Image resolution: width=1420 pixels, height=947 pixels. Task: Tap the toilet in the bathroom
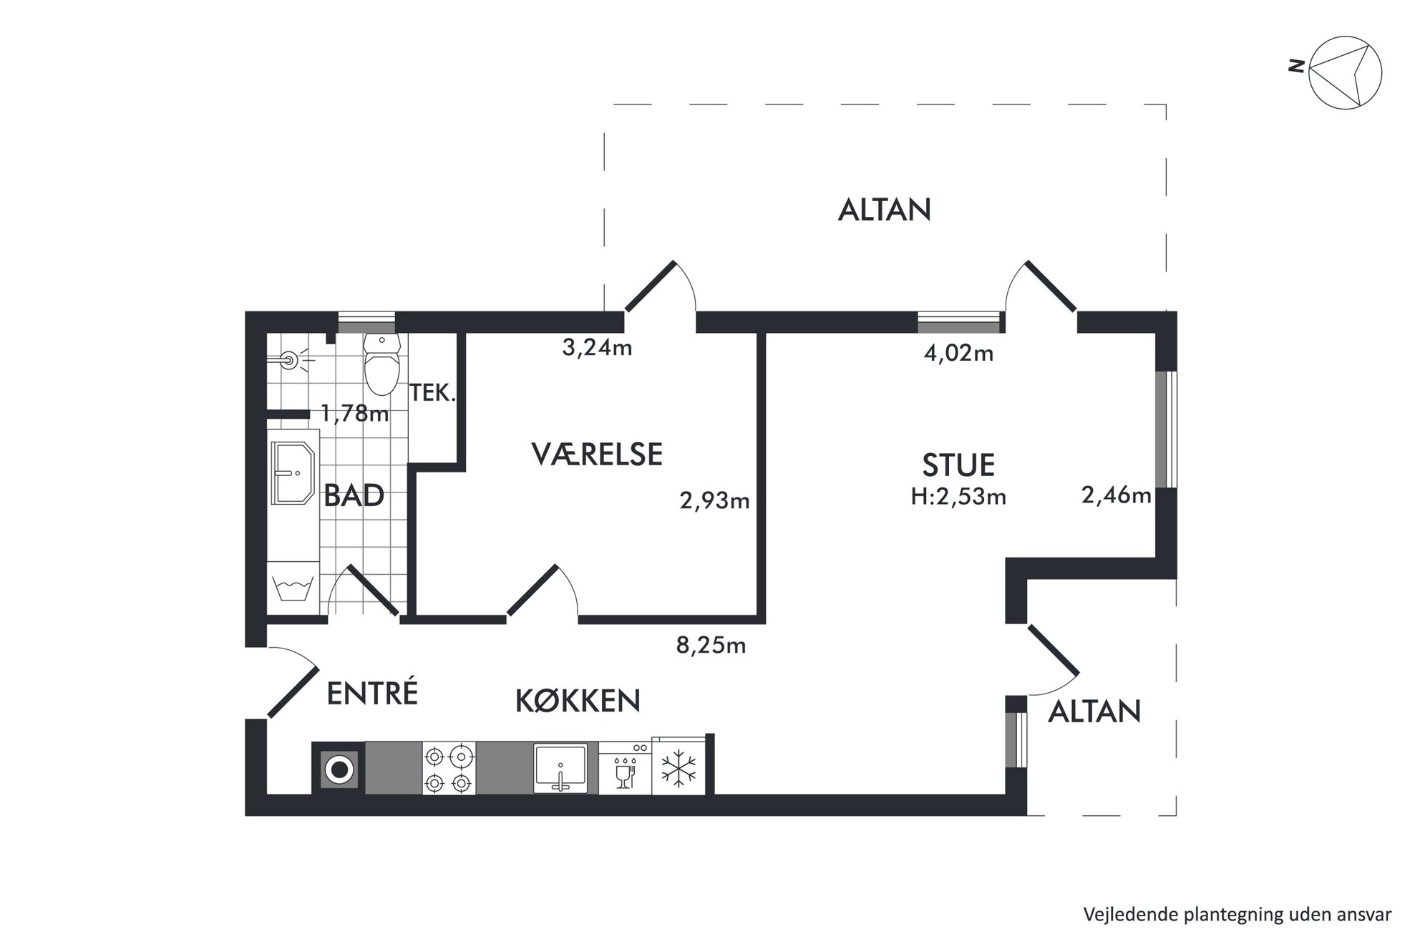point(381,364)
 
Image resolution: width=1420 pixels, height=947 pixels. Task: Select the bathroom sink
point(293,472)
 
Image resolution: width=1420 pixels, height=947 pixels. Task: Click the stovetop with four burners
point(449,768)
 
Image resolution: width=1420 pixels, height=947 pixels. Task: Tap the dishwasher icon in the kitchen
point(625,768)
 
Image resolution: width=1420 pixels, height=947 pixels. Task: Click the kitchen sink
point(560,768)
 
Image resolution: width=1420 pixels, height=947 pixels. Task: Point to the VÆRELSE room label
point(597,455)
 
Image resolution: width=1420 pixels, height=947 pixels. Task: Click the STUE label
point(958,465)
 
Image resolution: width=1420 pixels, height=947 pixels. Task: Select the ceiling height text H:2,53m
point(958,497)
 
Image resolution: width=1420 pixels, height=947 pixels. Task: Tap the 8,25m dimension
point(711,646)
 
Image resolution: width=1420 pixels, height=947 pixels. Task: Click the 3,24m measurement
point(597,349)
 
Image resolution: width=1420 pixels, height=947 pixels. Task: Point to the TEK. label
point(432,392)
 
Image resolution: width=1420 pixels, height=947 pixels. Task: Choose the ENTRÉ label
point(372,693)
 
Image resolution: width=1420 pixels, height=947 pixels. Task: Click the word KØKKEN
point(578,701)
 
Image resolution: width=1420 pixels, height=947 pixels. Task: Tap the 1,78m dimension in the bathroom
point(354,413)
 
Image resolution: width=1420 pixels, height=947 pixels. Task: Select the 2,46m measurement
point(1116,495)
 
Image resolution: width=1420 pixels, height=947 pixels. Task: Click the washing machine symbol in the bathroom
point(293,587)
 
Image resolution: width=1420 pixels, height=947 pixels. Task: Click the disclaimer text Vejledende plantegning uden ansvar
point(1237,914)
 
